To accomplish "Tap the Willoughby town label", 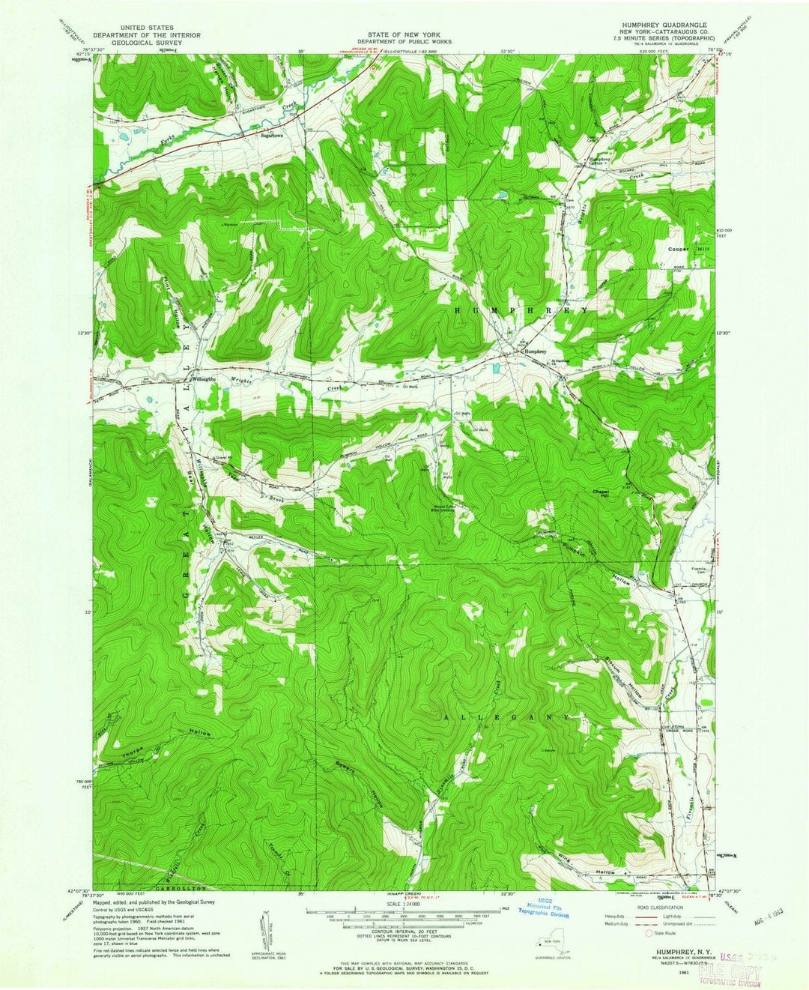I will click(x=204, y=380).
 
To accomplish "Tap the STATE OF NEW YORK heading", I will click(x=404, y=34).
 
